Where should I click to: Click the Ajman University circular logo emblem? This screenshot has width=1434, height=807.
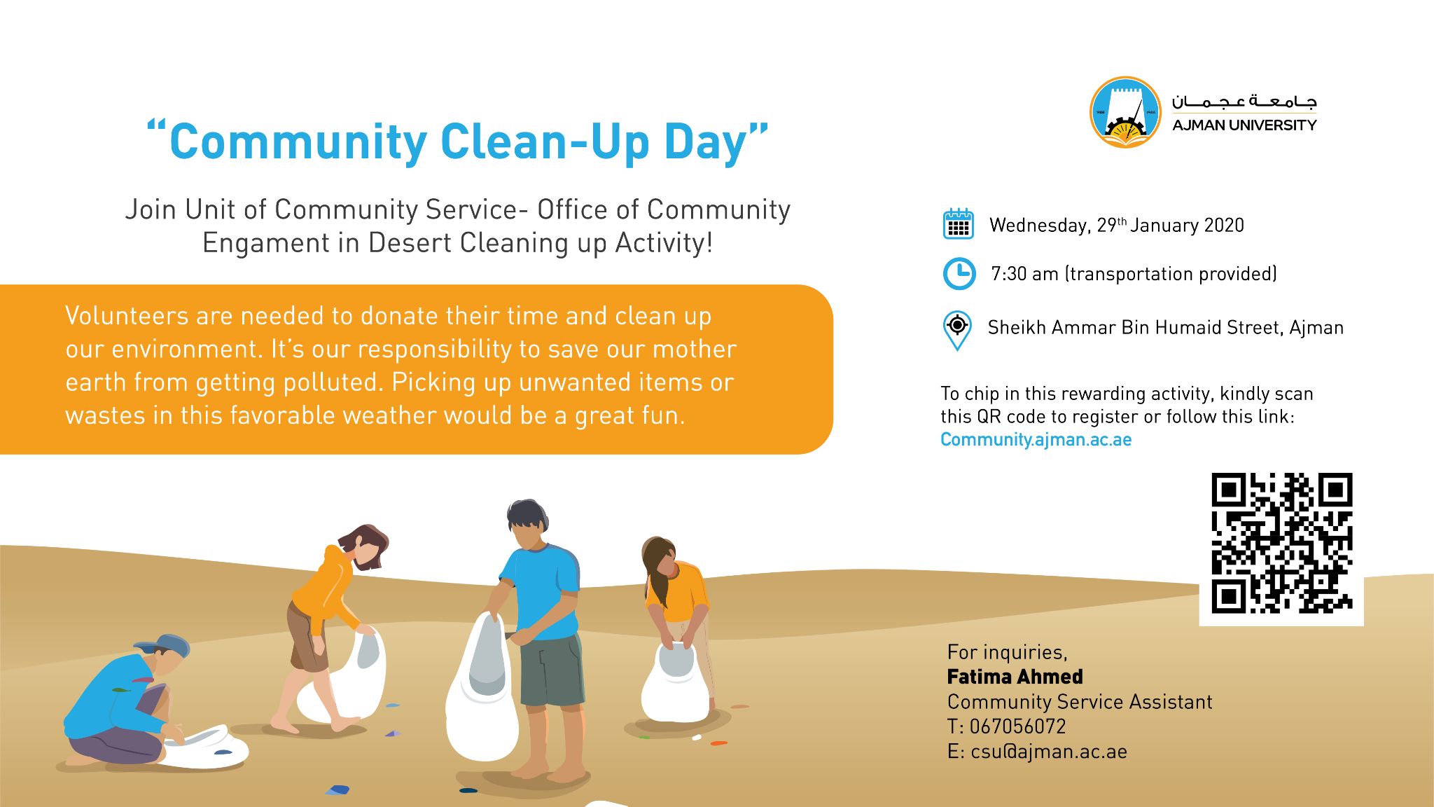pyautogui.click(x=1125, y=112)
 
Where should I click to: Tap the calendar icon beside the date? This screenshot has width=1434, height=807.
pyautogui.click(x=958, y=224)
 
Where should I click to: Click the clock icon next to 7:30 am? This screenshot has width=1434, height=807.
pyautogui.click(x=959, y=273)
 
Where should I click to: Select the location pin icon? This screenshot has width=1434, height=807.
pyautogui.click(x=957, y=329)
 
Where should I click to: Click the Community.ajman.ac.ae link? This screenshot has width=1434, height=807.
pyautogui.click(x=1036, y=439)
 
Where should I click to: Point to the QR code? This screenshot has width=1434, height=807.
pyautogui.click(x=1281, y=543)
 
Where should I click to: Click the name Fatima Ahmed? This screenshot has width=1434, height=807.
pyautogui.click(x=1015, y=677)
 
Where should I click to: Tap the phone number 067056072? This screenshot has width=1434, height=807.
pyautogui.click(x=1017, y=726)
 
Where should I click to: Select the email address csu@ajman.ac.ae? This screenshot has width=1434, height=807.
pyautogui.click(x=1048, y=752)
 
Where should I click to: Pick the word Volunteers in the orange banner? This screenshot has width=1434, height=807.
pyautogui.click(x=127, y=316)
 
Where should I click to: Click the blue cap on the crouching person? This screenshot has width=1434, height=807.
pyautogui.click(x=165, y=644)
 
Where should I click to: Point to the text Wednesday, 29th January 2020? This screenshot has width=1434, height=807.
pyautogui.click(x=1116, y=226)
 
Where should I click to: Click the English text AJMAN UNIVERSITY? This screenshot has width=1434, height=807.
pyautogui.click(x=1244, y=125)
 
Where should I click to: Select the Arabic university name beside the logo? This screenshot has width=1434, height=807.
pyautogui.click(x=1244, y=102)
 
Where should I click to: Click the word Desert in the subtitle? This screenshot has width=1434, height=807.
pyautogui.click(x=410, y=243)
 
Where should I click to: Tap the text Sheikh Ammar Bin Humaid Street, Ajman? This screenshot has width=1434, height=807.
pyautogui.click(x=1165, y=328)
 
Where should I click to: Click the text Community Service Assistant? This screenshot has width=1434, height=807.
pyautogui.click(x=1079, y=702)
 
